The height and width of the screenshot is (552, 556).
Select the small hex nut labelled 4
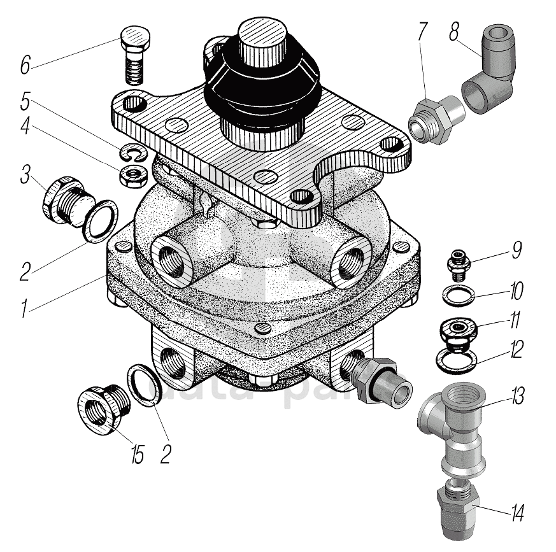click(132, 174)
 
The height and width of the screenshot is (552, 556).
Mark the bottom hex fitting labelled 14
click(457, 509)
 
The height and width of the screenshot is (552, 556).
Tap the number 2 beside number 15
click(166, 453)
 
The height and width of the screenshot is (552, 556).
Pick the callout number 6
click(25, 64)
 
